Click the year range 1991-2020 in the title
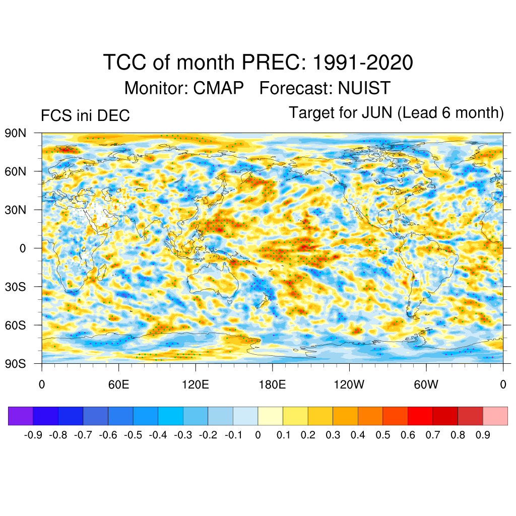click(x=363, y=63)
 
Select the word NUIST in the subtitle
click(x=364, y=88)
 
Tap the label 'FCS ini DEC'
click(x=85, y=116)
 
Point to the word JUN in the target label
click(x=376, y=113)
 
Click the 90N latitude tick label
click(x=15, y=134)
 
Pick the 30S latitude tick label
click(x=15, y=287)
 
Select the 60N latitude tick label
click(x=15, y=172)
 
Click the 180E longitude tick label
click(x=272, y=385)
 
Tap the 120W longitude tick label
click(x=349, y=385)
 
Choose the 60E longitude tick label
click(x=118, y=385)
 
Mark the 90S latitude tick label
click(x=15, y=363)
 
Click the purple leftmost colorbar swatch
click(x=21, y=416)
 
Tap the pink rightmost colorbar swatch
click(x=495, y=416)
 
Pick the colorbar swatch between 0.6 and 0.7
click(x=420, y=416)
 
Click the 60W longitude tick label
click(x=426, y=385)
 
